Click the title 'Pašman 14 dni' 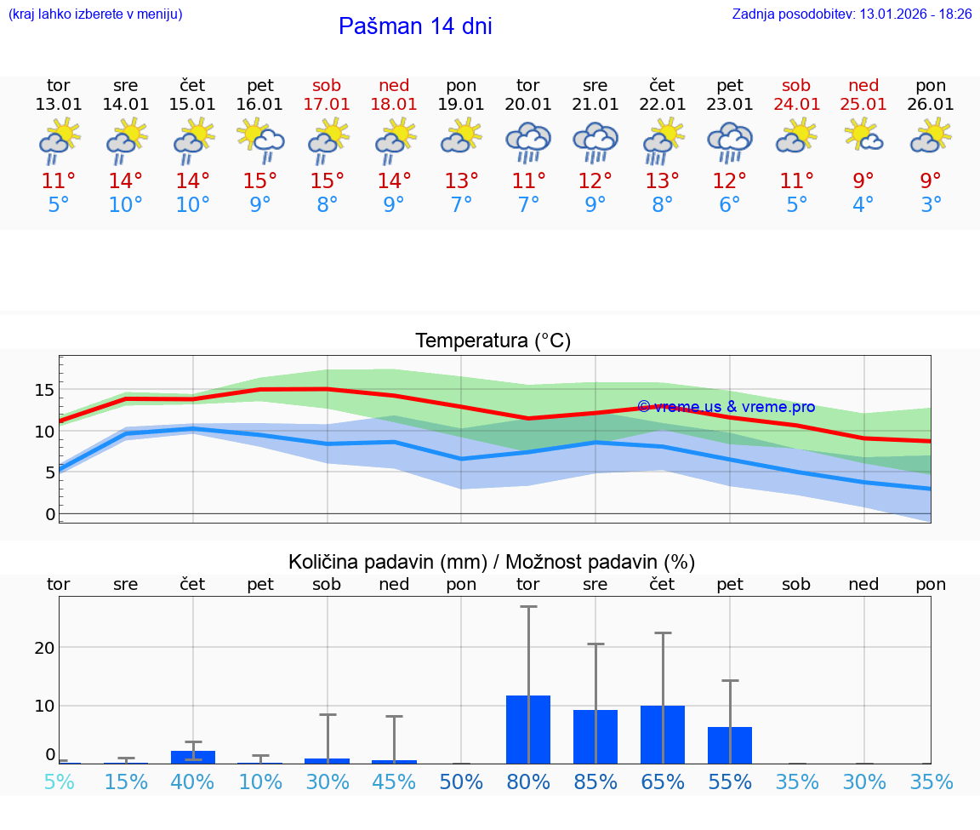pos(415,26)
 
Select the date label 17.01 pos(327,104)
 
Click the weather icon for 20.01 pos(528,141)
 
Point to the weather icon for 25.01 pos(863,136)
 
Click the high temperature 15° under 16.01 pos(259,181)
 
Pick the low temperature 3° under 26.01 pos(931,205)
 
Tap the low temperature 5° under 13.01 pos(59,205)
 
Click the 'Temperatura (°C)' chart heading pos(493,341)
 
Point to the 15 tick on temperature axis pos(44,390)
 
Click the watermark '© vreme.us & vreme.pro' pos(726,407)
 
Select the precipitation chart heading pos(492,562)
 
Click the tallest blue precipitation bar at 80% pos(528,730)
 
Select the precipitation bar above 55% pos(730,745)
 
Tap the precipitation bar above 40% pos(193,757)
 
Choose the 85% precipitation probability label pos(595,781)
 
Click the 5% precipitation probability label pos(59,781)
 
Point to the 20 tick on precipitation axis pos(44,648)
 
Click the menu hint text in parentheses pos(95,14)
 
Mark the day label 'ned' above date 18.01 pos(394,85)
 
